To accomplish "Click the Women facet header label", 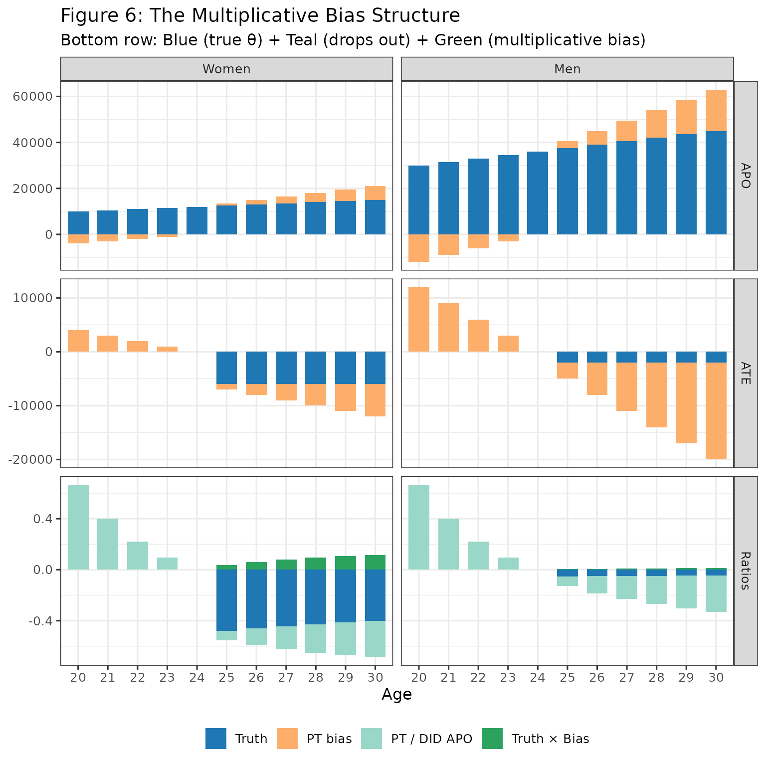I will point(226,69).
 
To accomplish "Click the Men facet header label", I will point(567,69).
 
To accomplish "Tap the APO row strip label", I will point(746,176).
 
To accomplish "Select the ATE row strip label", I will point(746,373).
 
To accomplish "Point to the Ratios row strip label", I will point(746,571).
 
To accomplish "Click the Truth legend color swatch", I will point(216,739).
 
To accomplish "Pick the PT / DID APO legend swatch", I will point(372,739).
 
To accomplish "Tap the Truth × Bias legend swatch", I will point(492,739).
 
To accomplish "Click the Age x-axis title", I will point(396,694).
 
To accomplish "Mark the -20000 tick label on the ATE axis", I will point(31,459).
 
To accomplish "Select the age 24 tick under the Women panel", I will point(197,677).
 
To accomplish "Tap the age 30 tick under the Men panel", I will point(716,677).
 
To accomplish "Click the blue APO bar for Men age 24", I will point(538,193).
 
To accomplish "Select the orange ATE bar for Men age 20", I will point(419,319).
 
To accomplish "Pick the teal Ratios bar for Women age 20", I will point(78,527).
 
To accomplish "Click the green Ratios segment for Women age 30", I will point(375,562).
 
